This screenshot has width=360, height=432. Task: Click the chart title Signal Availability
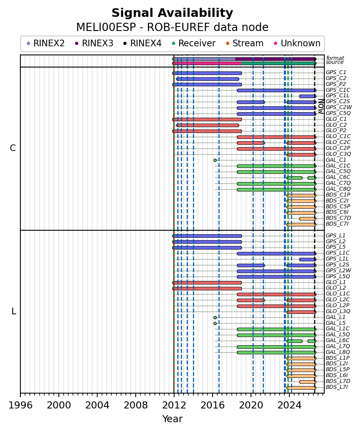pyautogui.click(x=172, y=13)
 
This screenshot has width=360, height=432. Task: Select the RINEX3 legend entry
pyautogui.click(x=94, y=43)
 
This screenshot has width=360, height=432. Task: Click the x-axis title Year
pyautogui.click(x=172, y=419)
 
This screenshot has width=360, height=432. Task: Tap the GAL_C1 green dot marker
pyautogui.click(x=215, y=160)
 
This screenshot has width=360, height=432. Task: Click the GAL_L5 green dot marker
pyautogui.click(x=215, y=323)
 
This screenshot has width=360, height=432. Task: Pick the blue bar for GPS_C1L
pyautogui.click(x=308, y=96)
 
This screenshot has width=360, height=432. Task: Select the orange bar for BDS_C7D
pyautogui.click(x=308, y=219)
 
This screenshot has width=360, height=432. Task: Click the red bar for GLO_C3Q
pyautogui.click(x=301, y=155)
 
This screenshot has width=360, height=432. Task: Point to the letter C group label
pyautogui.click(x=13, y=148)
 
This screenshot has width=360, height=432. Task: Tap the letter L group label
pyautogui.click(x=13, y=311)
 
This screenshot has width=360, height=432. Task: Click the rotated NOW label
pyautogui.click(x=321, y=106)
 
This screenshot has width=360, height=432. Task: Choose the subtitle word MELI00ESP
pyautogui.click(x=106, y=27)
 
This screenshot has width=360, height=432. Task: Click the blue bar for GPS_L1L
pyautogui.click(x=308, y=259)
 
